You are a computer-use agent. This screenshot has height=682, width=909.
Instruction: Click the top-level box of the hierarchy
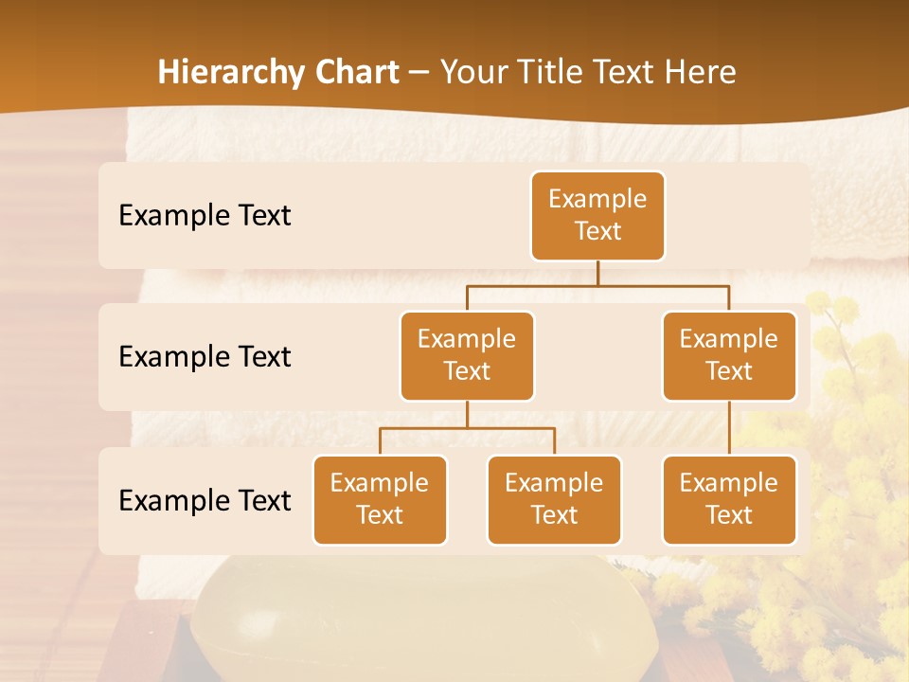(597, 215)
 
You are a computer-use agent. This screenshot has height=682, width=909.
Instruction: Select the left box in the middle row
(467, 355)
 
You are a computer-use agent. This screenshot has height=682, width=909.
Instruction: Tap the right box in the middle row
(729, 355)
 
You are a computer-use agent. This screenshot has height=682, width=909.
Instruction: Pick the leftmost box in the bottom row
(380, 499)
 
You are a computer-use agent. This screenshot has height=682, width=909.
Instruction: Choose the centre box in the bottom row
(554, 499)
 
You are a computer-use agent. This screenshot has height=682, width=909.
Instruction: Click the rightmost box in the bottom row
(729, 499)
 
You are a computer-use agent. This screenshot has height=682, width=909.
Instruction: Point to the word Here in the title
(700, 72)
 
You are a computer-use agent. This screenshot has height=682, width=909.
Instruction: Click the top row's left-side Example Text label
(205, 215)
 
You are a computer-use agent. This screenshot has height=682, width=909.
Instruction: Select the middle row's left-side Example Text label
(205, 356)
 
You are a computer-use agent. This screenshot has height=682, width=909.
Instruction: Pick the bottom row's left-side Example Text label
(205, 500)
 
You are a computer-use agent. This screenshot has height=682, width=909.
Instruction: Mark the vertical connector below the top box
(597, 273)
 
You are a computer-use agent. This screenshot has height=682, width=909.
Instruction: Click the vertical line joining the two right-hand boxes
(729, 428)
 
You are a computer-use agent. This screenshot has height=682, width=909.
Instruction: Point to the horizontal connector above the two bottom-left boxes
(467, 428)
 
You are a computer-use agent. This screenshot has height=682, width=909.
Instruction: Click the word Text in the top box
(597, 231)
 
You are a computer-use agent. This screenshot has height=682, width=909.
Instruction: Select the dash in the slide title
(419, 73)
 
